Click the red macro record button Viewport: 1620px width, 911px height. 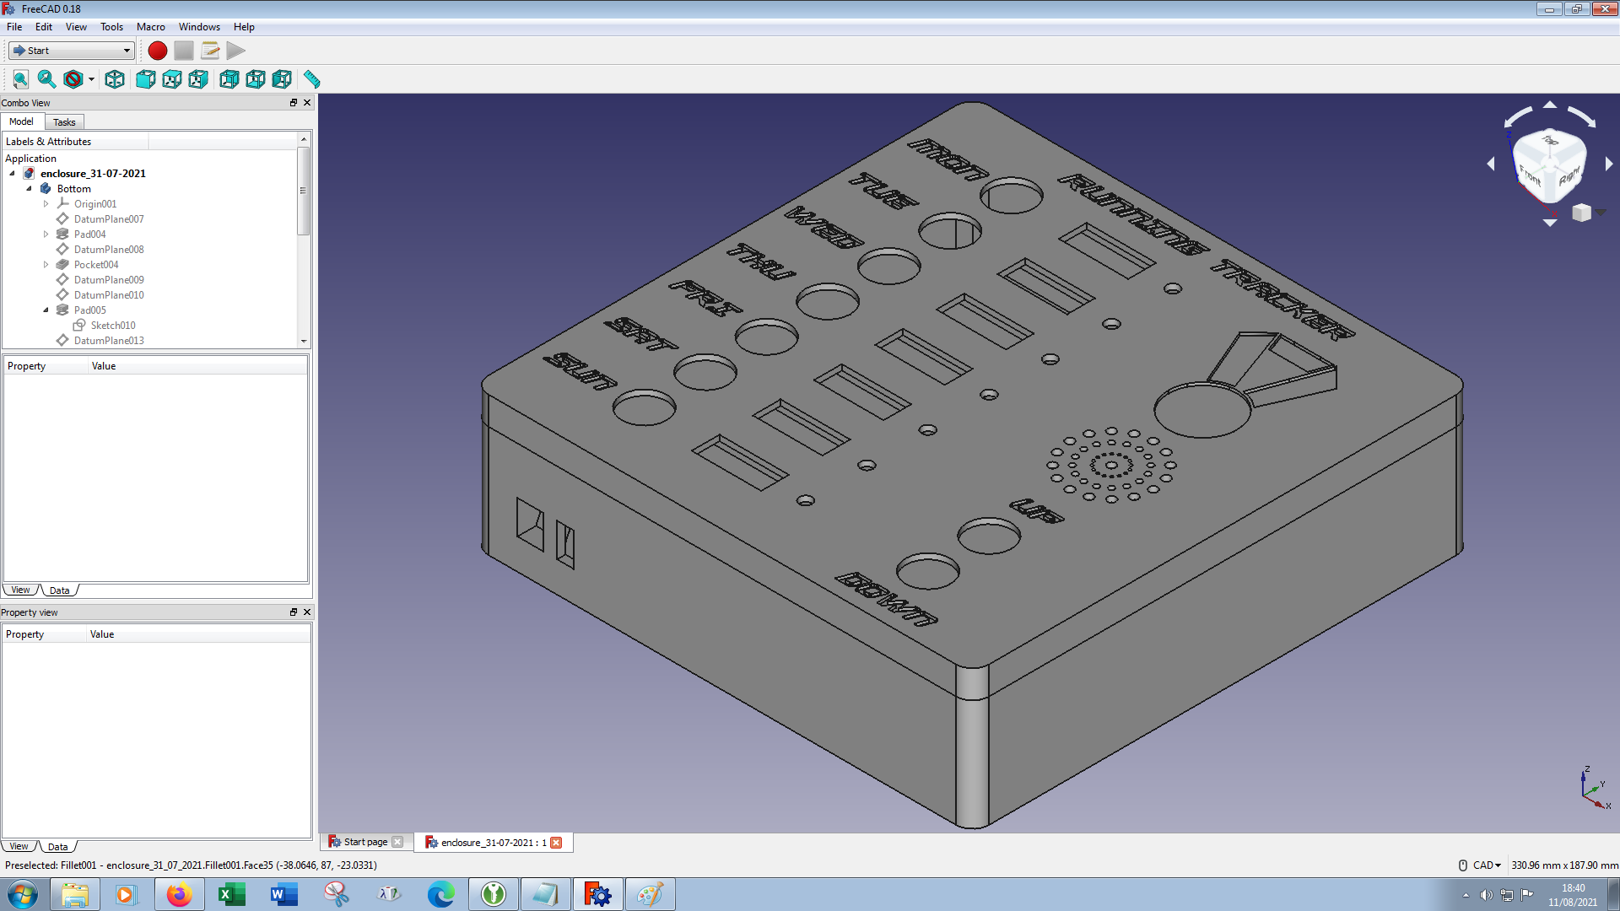pos(157,51)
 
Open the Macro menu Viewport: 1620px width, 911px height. pos(150,27)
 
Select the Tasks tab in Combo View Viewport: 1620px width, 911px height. pos(64,122)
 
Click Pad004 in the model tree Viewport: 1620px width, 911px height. pos(89,234)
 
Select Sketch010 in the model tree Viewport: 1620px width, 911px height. pos(112,326)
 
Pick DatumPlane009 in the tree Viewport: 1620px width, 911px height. pos(108,280)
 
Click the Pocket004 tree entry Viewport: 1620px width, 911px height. pos(95,265)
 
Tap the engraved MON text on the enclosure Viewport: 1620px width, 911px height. pos(948,159)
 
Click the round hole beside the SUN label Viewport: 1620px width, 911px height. pos(644,407)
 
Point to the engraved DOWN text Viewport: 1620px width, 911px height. pos(886,599)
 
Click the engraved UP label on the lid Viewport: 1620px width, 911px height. pos(1037,510)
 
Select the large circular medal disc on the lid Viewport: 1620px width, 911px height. pos(1201,410)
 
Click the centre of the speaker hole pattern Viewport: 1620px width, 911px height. pos(1111,465)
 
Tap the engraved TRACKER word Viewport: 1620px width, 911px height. pos(1282,300)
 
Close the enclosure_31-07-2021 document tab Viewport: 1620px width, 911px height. pos(556,843)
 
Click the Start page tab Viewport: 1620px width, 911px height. pos(364,843)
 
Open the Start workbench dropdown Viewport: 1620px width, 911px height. pos(72,51)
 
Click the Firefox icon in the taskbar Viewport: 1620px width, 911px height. pos(179,894)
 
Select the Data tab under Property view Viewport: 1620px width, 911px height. pos(57,847)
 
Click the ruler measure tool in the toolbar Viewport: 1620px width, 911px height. pos(312,79)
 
